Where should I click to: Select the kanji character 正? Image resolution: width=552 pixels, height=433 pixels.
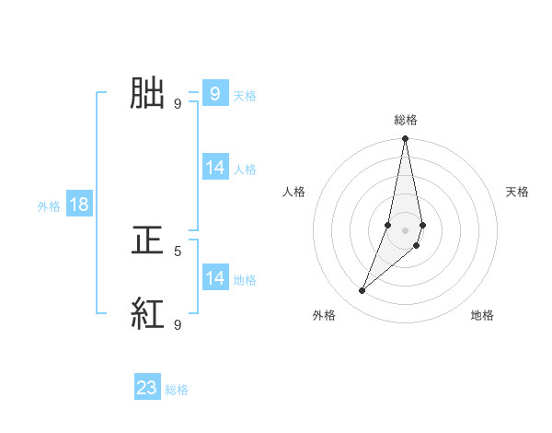tap(148, 240)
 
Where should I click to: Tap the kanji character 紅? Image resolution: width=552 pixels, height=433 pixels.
tap(148, 314)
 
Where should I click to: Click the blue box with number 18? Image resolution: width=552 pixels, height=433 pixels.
tap(79, 205)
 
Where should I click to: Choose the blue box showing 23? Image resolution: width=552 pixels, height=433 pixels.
tap(147, 388)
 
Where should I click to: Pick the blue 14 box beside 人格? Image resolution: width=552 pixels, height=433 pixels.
tap(215, 168)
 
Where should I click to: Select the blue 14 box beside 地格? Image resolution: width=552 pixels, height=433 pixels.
tap(215, 278)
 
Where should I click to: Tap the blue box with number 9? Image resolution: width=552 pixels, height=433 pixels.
tap(214, 93)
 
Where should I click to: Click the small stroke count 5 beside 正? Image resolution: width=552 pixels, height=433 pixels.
tap(178, 251)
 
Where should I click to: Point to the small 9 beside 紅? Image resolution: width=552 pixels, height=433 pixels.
tap(178, 324)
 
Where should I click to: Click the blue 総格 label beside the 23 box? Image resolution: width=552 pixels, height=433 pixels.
tap(177, 390)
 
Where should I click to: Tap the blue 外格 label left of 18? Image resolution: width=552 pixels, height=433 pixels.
tap(49, 206)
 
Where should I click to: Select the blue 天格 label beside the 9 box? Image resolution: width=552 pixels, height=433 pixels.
tap(244, 96)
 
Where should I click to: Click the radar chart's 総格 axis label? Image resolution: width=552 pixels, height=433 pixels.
tap(406, 120)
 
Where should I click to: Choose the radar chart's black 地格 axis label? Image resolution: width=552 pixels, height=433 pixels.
tap(482, 315)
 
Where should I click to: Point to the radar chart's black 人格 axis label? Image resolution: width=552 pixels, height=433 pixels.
tap(294, 192)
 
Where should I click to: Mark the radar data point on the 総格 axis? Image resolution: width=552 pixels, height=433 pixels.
tap(406, 139)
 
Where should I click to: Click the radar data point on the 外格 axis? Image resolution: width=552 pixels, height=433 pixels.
tap(362, 291)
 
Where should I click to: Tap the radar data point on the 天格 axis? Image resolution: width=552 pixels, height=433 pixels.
tap(422, 225)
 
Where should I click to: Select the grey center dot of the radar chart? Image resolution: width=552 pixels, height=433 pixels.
tap(406, 230)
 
